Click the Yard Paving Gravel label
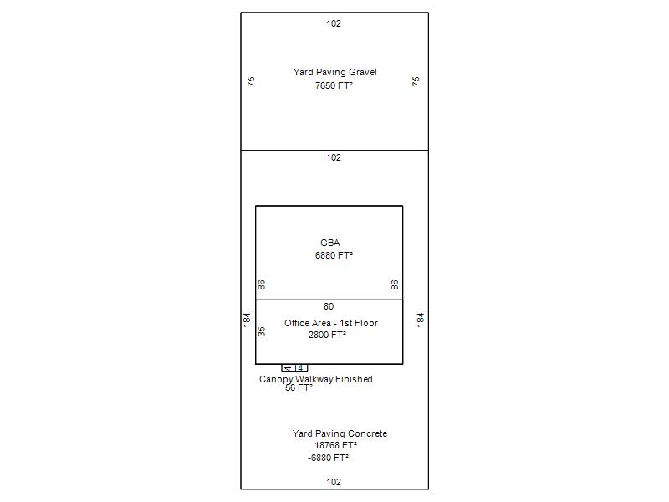pyautogui.click(x=335, y=72)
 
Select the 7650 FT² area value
pyautogui.click(x=334, y=85)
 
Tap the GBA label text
pyautogui.click(x=330, y=243)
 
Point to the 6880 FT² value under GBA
pyautogui.click(x=334, y=255)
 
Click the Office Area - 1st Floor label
pyautogui.click(x=331, y=323)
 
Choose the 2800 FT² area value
pyautogui.click(x=327, y=335)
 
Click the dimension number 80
pyautogui.click(x=329, y=306)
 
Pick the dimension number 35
pyautogui.click(x=262, y=331)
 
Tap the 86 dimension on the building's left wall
pyautogui.click(x=262, y=284)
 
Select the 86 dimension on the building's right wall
pyautogui.click(x=395, y=284)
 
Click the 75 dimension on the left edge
pyautogui.click(x=252, y=81)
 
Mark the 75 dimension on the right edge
pyautogui.click(x=416, y=81)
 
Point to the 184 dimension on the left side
pyautogui.click(x=247, y=320)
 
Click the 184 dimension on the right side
pyautogui.click(x=421, y=320)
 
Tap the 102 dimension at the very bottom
pyautogui.click(x=334, y=482)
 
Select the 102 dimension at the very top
pyautogui.click(x=334, y=23)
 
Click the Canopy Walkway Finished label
pyautogui.click(x=316, y=379)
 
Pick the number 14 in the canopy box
pyautogui.click(x=298, y=368)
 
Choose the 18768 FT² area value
pyautogui.click(x=336, y=445)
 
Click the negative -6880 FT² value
pyautogui.click(x=328, y=458)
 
